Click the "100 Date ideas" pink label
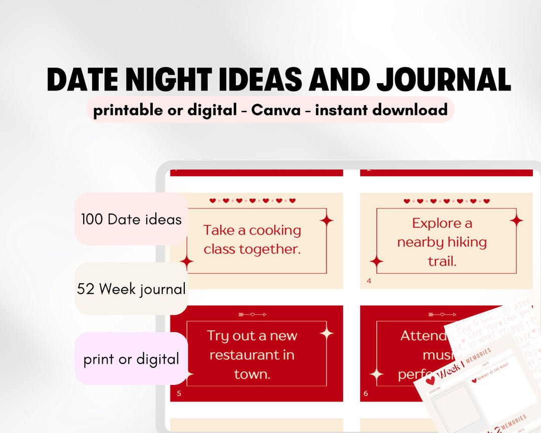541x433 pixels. (131, 219)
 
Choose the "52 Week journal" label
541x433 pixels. (131, 289)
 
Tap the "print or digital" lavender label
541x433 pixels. (131, 359)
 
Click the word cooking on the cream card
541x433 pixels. (275, 231)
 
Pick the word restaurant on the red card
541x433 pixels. (251, 355)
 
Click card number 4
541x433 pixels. (369, 281)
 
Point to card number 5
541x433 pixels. (179, 393)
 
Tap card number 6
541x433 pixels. (366, 393)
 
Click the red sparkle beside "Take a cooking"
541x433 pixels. (327, 220)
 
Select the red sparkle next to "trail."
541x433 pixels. (376, 261)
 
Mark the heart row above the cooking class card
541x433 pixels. (252, 200)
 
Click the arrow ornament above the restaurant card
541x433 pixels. (252, 314)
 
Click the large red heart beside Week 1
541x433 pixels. (430, 381)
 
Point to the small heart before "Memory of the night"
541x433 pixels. (474, 379)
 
